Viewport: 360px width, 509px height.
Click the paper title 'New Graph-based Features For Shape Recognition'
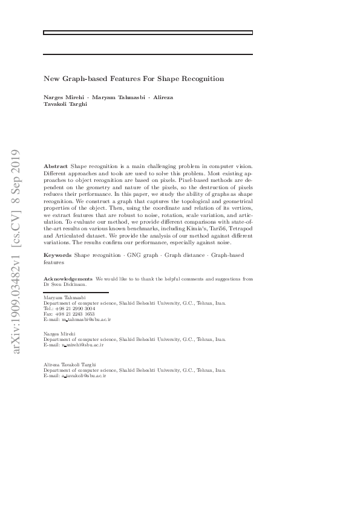point(134,79)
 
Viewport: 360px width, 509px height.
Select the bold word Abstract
point(56,166)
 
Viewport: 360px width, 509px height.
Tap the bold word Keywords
point(58,256)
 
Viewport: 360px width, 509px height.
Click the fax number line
point(69,314)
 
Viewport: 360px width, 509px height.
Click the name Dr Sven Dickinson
point(65,284)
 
